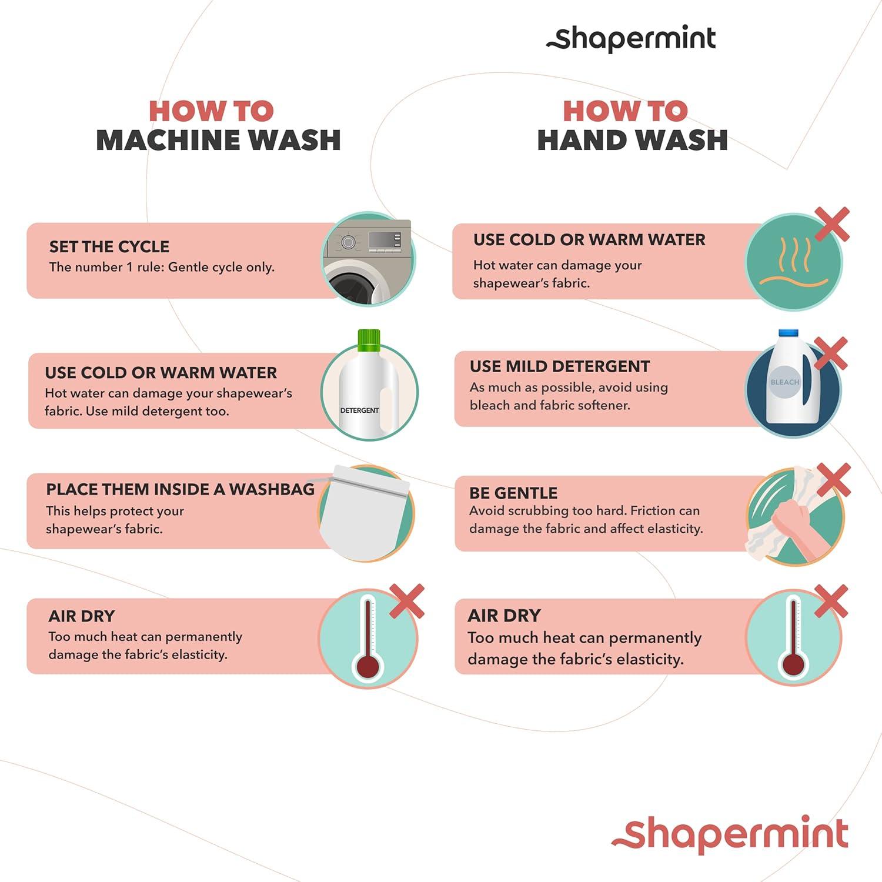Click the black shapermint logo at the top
(631, 39)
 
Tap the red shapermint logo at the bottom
(730, 833)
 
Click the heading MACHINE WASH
(218, 140)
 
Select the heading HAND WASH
(632, 140)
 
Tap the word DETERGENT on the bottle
(359, 410)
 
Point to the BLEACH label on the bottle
(785, 382)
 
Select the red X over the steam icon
(833, 224)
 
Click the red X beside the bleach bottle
(830, 353)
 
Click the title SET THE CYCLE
(109, 246)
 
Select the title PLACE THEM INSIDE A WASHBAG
(181, 489)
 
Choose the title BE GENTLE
(513, 493)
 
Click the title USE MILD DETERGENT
(560, 366)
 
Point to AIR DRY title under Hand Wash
(504, 616)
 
